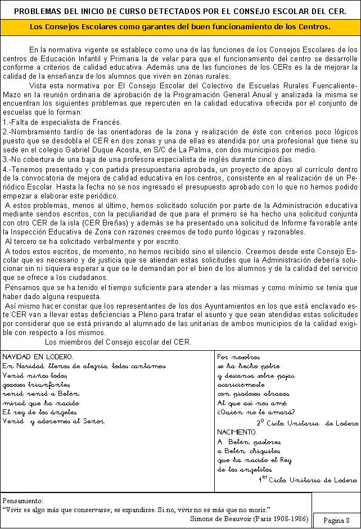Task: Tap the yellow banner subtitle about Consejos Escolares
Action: pyautogui.click(x=180, y=27)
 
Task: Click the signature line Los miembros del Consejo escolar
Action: pyautogui.click(x=118, y=342)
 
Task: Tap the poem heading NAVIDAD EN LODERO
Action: pyautogui.click(x=36, y=357)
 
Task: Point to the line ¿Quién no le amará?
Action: pyautogui.click(x=241, y=412)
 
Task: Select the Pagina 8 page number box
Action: pyautogui.click(x=336, y=520)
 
